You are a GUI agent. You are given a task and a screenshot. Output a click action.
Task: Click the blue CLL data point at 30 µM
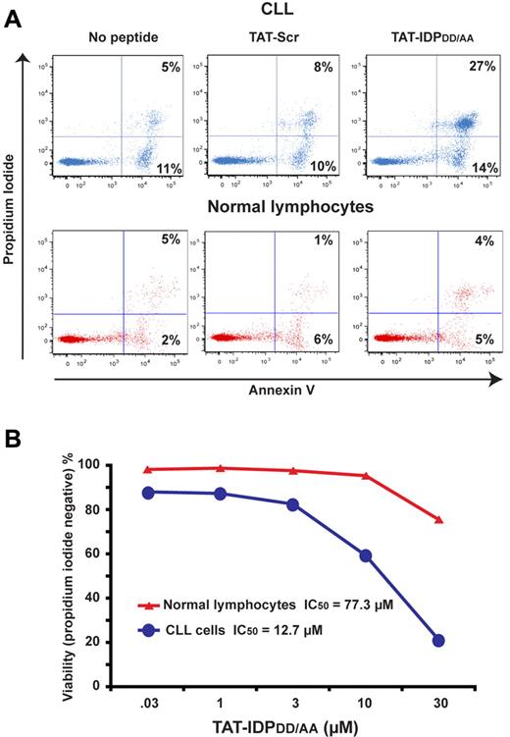(438, 640)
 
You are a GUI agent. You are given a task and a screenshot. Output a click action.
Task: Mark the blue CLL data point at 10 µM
(365, 554)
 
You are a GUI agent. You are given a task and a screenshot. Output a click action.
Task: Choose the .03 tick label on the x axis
(147, 705)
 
